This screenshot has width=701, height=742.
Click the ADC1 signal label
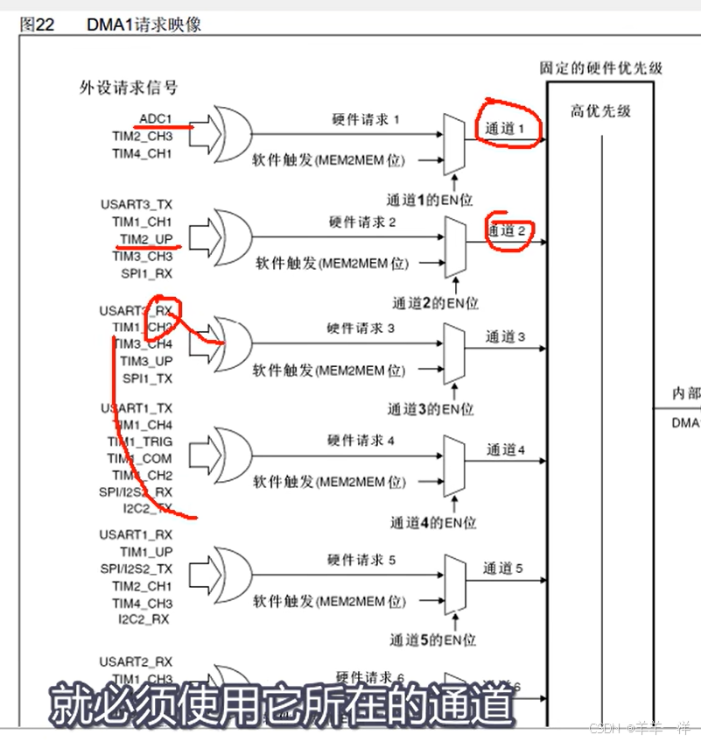click(x=156, y=118)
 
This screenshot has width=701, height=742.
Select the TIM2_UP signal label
click(x=146, y=239)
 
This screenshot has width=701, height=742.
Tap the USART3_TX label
click(x=136, y=204)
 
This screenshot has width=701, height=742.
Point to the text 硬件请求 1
click(x=366, y=119)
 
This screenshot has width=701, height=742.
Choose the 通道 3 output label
click(x=505, y=336)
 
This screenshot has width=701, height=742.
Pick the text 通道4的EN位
click(x=433, y=523)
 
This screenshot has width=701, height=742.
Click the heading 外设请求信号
click(x=129, y=88)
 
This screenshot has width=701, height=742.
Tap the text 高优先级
click(x=600, y=111)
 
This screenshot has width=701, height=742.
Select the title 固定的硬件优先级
click(x=602, y=67)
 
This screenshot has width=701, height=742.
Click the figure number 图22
click(x=38, y=25)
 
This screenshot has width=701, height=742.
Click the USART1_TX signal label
click(x=137, y=408)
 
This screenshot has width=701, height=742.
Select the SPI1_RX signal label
click(x=147, y=273)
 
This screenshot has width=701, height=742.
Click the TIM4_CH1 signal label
click(x=142, y=153)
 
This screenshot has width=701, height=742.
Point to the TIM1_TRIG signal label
click(x=140, y=442)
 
